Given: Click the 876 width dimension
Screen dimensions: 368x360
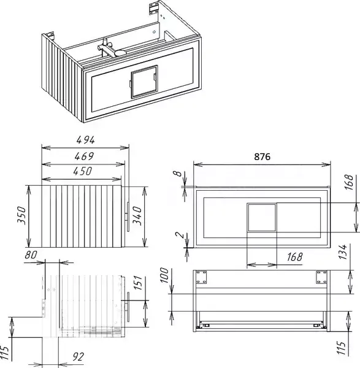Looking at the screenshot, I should (x=262, y=156).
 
